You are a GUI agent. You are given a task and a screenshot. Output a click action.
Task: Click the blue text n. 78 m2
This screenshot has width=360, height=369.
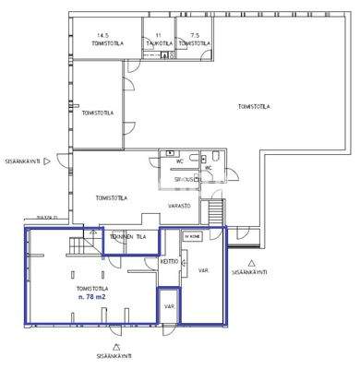(91, 297)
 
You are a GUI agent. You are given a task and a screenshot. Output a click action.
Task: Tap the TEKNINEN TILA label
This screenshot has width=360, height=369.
(128, 237)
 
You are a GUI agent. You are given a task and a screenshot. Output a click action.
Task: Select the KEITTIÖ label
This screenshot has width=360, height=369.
(168, 261)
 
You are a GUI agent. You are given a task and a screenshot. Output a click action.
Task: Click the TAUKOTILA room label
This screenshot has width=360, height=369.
(158, 42)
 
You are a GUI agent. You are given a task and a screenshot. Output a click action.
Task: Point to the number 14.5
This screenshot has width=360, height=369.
(91, 35)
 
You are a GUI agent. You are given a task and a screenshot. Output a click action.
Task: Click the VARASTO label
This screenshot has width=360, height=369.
(179, 204)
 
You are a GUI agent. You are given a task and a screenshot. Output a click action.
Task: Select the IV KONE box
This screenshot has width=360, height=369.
(192, 237)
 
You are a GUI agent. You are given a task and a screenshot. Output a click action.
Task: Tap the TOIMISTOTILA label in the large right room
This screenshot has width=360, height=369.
(254, 106)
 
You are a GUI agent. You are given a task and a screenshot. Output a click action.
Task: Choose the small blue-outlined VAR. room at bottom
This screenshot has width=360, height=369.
(169, 306)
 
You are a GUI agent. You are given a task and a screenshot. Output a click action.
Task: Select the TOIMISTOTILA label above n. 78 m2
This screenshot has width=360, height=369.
(91, 288)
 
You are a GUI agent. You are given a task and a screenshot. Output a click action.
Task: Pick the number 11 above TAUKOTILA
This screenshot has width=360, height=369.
(158, 35)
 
